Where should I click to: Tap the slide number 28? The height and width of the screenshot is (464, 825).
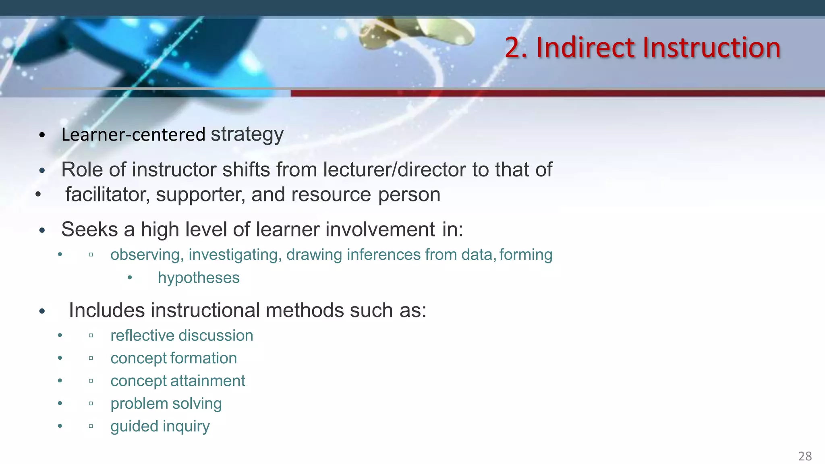click(805, 456)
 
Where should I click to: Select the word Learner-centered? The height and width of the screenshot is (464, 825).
click(133, 135)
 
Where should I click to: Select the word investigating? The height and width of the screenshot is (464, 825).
click(235, 255)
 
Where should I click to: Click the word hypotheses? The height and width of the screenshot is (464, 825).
click(199, 278)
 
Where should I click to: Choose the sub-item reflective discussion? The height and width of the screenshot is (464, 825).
click(182, 336)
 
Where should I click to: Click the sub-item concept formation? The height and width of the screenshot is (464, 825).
click(174, 358)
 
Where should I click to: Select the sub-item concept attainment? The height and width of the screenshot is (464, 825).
click(178, 381)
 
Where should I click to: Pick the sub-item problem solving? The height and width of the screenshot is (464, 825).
click(166, 404)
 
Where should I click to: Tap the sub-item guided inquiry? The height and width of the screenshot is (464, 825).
click(160, 427)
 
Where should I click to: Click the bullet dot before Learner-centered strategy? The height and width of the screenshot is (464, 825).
click(42, 135)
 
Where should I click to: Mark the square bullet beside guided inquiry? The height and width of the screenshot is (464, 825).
click(91, 426)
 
